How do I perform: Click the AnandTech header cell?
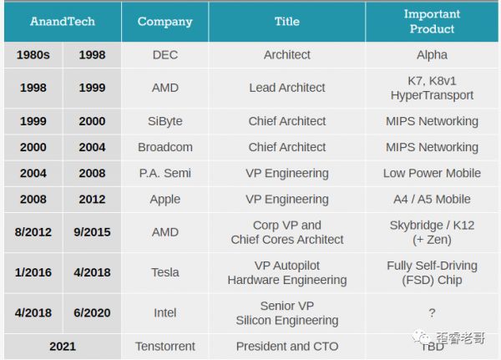(x=63, y=22)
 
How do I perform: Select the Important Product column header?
(x=431, y=22)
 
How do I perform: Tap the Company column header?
(x=164, y=22)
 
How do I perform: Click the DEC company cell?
(x=164, y=55)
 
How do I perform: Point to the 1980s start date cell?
(x=33, y=55)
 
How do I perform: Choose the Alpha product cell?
(x=431, y=55)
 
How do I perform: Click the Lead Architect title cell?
(x=286, y=88)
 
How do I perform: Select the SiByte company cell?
(x=164, y=121)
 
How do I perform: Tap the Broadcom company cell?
(x=164, y=147)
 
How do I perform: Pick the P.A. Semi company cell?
(x=164, y=173)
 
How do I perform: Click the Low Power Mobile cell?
(x=431, y=173)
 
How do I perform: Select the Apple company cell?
(x=164, y=199)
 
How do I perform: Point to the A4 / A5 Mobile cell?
(x=431, y=199)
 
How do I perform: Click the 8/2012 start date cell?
(x=33, y=232)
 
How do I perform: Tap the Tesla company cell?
(x=164, y=272)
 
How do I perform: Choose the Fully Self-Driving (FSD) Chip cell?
(x=431, y=272)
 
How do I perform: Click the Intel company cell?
(x=164, y=313)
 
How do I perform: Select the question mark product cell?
(x=431, y=313)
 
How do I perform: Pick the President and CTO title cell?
(x=286, y=346)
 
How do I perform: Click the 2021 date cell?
(x=63, y=346)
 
